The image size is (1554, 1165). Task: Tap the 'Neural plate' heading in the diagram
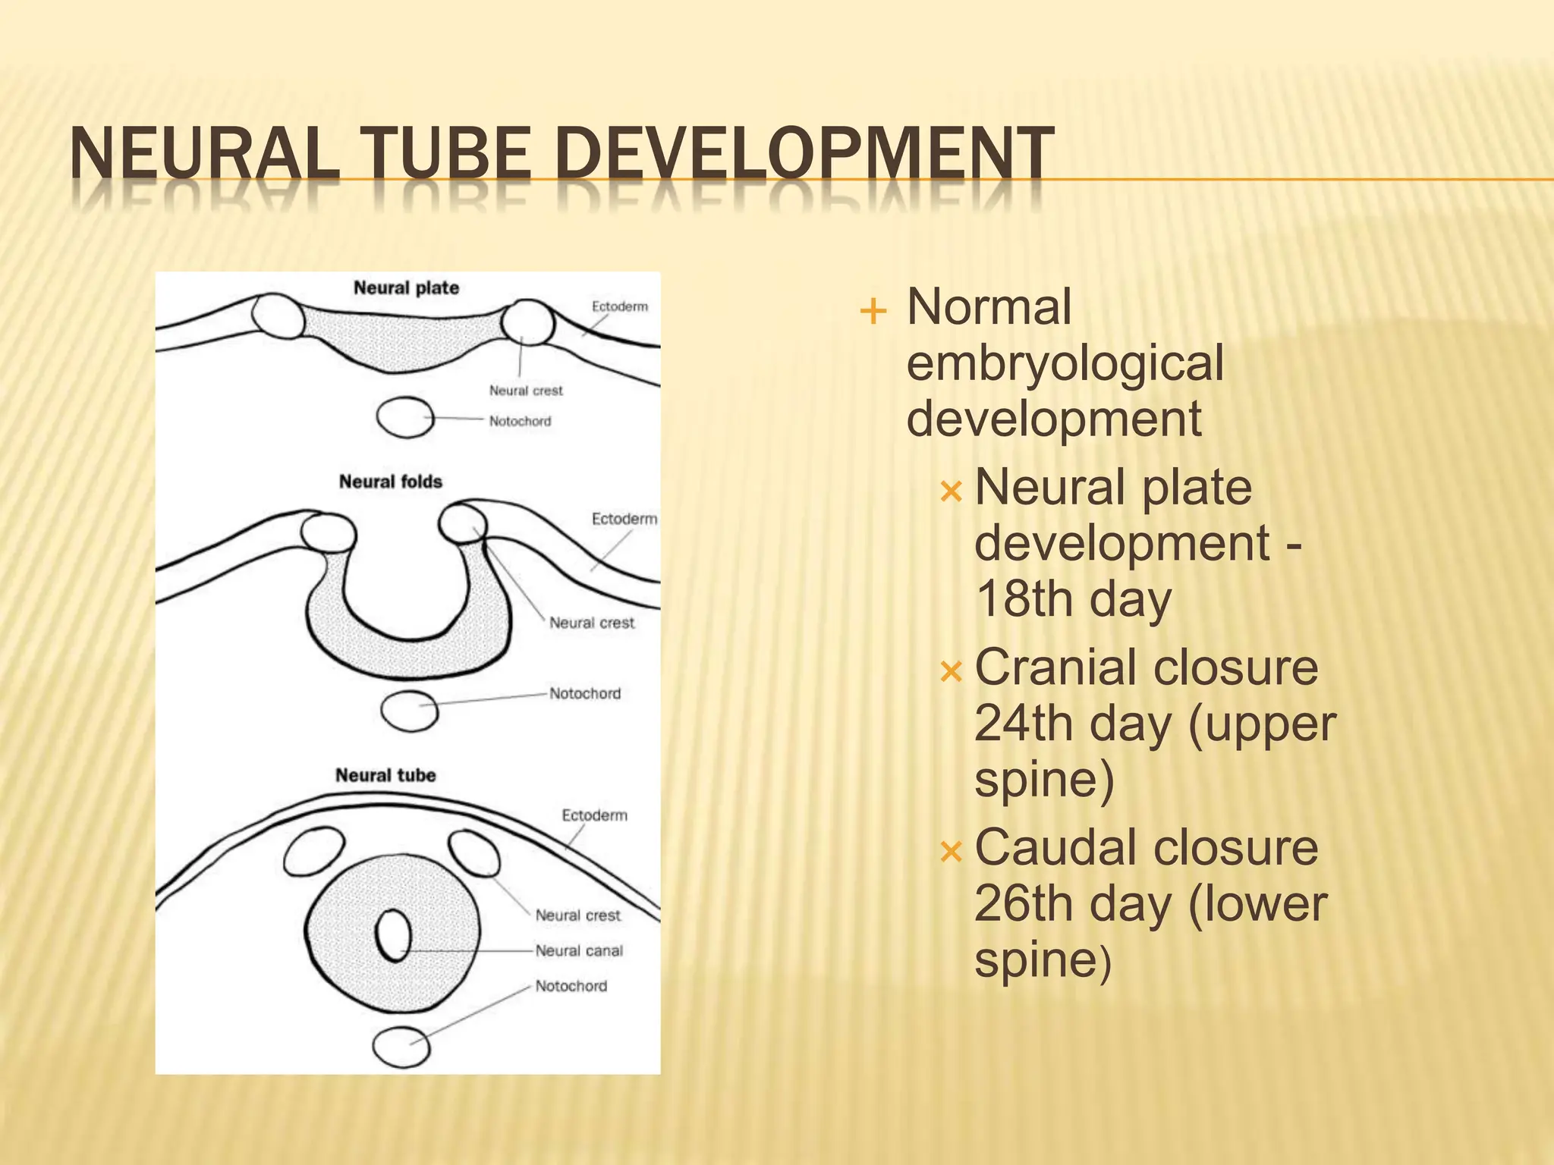[x=406, y=288]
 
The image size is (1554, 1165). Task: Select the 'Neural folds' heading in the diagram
[x=390, y=482]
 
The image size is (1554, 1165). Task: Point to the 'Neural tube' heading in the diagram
[x=385, y=775]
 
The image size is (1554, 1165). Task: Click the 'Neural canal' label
[x=579, y=950]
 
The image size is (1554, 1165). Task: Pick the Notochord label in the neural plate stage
[x=520, y=421]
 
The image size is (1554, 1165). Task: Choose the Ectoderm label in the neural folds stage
[x=624, y=519]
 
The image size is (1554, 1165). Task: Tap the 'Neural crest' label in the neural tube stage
[x=577, y=915]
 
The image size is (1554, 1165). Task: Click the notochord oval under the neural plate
[x=405, y=417]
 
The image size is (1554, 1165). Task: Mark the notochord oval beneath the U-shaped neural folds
[x=409, y=711]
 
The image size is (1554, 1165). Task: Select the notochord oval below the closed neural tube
[x=401, y=1047]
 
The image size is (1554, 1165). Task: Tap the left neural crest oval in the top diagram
[x=278, y=316]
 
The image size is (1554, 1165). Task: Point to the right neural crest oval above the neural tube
[x=474, y=853]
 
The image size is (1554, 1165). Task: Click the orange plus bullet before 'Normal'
[x=873, y=311]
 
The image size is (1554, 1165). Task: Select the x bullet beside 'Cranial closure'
[x=950, y=671]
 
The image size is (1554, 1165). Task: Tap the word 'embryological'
[x=1065, y=363]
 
